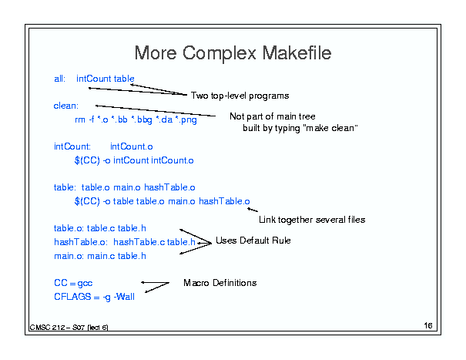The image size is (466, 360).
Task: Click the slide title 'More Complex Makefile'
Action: coord(233,53)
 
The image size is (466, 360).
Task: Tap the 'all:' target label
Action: coord(59,79)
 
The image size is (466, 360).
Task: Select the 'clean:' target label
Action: coord(66,106)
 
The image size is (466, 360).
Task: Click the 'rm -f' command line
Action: coord(136,119)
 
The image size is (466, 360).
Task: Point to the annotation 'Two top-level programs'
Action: coord(240,96)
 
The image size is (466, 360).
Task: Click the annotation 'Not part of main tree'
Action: coord(273,116)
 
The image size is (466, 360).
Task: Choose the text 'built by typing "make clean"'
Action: coord(300,128)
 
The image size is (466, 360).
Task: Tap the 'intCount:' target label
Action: coord(72,146)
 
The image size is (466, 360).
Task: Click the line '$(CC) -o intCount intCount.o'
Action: coord(134,160)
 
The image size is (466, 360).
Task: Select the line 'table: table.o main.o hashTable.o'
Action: coord(125,187)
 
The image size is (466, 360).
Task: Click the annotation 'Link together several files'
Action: coord(312,220)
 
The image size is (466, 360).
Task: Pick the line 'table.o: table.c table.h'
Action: coord(100,228)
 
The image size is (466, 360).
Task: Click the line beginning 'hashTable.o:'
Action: coord(125,242)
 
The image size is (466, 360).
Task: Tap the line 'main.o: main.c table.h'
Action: coord(100,256)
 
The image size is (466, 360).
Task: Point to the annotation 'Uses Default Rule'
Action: coord(253,241)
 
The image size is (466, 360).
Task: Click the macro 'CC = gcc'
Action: coord(73,283)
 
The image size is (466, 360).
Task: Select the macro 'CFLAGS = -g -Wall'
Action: coord(94,297)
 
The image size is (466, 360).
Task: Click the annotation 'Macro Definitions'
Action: coord(220,283)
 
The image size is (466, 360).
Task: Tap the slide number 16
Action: coord(428,325)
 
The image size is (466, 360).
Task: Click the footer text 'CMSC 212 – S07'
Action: coord(57,328)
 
